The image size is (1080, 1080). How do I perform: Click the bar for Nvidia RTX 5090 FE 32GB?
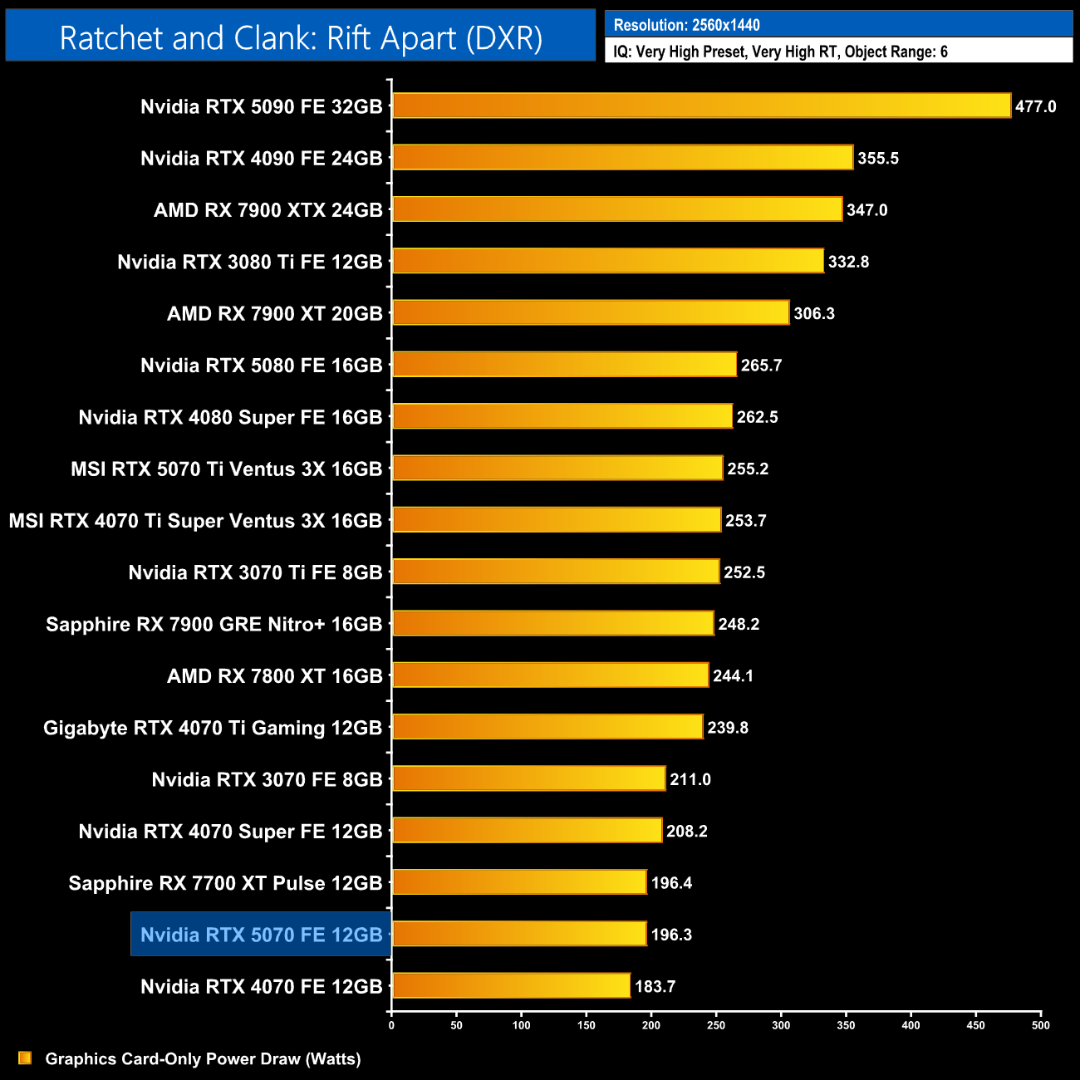pos(701,106)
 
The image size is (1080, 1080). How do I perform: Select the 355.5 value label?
pos(878,158)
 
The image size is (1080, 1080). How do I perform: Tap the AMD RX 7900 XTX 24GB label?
pos(268,210)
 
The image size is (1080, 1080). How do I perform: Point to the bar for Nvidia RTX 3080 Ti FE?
pos(607,261)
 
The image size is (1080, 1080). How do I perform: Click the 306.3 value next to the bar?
pos(814,313)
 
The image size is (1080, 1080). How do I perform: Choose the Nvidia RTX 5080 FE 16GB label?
pos(261,366)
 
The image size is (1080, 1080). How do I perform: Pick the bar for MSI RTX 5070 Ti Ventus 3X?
pos(557,468)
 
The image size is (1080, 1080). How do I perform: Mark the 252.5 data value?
pos(744,572)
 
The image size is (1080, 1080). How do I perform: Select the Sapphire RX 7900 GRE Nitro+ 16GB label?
pos(214,624)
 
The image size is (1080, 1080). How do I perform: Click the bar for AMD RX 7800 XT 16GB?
pos(550,675)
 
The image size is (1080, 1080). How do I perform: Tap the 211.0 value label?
pos(690,779)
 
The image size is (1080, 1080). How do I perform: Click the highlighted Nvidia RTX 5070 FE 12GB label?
pos(261,935)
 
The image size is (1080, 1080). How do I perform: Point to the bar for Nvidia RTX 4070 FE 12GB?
pos(511,985)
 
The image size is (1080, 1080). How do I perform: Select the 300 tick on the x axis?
pos(781,1025)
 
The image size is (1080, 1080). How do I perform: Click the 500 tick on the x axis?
pos(1040,1025)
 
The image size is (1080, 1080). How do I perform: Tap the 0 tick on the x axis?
pos(391,1025)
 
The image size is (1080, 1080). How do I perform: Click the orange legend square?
pos(25,1058)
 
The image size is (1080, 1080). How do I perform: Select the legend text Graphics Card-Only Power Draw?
pos(203,1058)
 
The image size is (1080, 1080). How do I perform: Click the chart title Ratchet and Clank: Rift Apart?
pos(301,38)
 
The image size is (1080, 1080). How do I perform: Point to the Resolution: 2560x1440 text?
pos(686,25)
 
